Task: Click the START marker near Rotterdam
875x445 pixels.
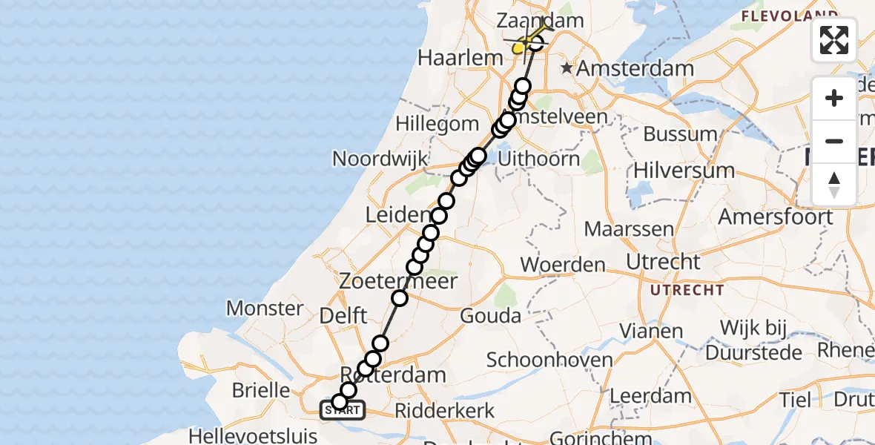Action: tap(342, 409)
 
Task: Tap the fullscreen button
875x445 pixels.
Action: tap(834, 39)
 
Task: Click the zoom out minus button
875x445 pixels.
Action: tap(834, 141)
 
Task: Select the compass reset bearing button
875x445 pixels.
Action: tap(834, 184)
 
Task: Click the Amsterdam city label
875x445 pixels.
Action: tap(635, 69)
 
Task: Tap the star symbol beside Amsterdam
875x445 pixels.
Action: tap(567, 68)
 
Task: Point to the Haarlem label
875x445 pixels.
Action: tap(450, 57)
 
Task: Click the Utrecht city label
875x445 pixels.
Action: tap(663, 262)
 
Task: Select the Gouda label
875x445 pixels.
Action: tap(490, 316)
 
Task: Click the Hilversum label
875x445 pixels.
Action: tap(683, 170)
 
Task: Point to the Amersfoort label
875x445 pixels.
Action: tap(775, 217)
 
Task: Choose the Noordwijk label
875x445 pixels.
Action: tap(380, 159)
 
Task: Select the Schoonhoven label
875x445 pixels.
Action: tap(549, 360)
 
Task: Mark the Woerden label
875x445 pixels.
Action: tap(563, 264)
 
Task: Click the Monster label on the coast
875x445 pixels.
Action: tap(265, 308)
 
